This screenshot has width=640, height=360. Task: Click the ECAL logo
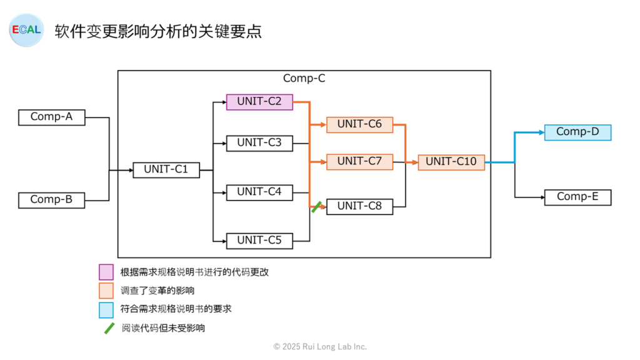point(26,30)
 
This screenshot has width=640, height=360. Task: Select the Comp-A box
point(52,117)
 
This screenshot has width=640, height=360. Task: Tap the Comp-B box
point(52,200)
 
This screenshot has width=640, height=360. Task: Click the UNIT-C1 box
point(166,170)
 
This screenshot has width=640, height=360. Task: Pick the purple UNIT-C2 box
point(259,102)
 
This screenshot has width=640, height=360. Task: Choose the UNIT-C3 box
point(259,143)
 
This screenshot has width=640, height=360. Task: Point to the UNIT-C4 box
point(259,192)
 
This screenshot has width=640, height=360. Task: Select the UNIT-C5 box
point(259,241)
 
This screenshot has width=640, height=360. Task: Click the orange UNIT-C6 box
point(359,124)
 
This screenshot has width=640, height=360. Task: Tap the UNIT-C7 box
point(359,162)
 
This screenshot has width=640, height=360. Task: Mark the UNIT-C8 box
point(359,206)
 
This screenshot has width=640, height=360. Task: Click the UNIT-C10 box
point(451,162)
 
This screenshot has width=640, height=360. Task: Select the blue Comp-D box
point(578,132)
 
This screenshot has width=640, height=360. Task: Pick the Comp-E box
point(578,197)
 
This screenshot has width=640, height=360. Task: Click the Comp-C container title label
point(304,78)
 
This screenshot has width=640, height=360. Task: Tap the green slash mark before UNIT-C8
point(316,207)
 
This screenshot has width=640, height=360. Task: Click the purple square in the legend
point(106,272)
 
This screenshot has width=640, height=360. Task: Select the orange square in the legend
point(106,291)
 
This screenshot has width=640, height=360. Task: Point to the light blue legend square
point(106,310)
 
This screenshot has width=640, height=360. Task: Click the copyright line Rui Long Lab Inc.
point(320,346)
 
